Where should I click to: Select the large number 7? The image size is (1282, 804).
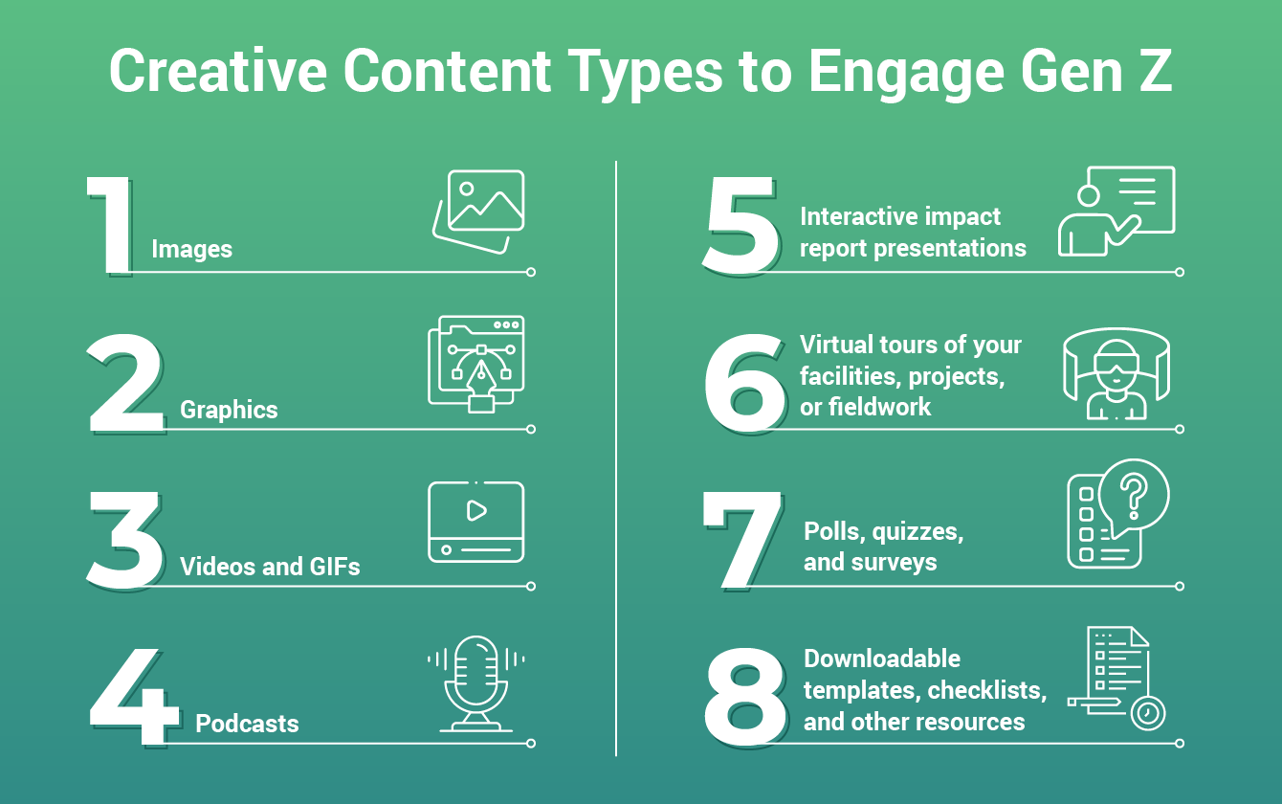coord(740,540)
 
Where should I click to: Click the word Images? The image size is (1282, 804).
coord(191,250)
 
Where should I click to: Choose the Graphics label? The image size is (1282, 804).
coord(229,410)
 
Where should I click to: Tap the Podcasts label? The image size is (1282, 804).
coord(247,724)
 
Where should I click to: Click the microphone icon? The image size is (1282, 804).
coord(475,682)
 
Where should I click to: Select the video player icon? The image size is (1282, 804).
coord(475,522)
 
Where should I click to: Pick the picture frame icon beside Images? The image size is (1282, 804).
coord(479,211)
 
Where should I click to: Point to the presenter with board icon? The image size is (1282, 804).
coord(1116,212)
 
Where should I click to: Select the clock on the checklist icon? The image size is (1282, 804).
coord(1145,713)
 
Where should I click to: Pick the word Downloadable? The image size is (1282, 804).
coord(882,659)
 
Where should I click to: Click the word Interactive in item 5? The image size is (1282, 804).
coord(858,216)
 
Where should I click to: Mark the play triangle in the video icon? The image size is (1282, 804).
coord(476,510)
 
